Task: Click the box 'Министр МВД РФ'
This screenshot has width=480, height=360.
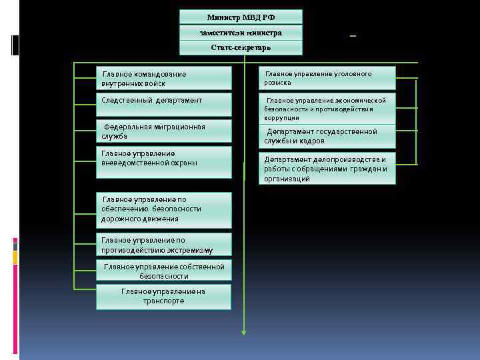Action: (x=241, y=17)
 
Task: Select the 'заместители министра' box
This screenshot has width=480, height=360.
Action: (x=241, y=33)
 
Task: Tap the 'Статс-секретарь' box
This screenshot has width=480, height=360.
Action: (x=241, y=47)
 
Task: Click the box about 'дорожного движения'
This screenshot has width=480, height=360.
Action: (x=163, y=209)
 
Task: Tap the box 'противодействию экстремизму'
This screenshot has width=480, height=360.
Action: (x=163, y=245)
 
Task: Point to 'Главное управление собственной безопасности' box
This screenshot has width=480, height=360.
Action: (x=163, y=271)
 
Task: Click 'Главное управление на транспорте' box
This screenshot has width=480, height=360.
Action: (x=163, y=297)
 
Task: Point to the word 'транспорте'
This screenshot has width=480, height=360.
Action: (x=163, y=301)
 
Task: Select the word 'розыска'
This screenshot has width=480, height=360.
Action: (x=277, y=83)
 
